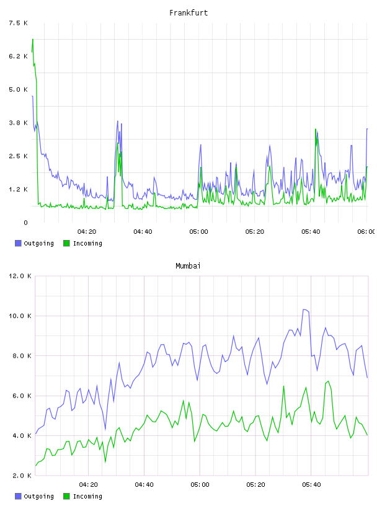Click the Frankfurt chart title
(188, 13)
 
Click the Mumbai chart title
(188, 266)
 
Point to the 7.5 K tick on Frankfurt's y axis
(19, 23)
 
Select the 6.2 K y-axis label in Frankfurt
(19, 56)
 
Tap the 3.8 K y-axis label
(19, 123)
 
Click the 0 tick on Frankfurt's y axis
(25, 223)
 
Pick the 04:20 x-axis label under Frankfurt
(87, 231)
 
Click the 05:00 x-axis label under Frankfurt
(199, 231)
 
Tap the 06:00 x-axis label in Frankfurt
(366, 231)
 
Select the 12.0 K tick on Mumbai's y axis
(20, 276)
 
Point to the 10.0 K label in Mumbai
(20, 316)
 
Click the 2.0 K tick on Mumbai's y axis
(22, 476)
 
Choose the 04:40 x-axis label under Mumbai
(144, 484)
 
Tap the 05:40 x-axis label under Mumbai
(311, 484)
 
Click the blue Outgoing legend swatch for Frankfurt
(18, 243)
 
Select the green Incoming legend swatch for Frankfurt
(66, 243)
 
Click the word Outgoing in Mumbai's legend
(38, 496)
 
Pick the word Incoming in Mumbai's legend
(87, 496)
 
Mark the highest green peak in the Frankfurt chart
(33, 39)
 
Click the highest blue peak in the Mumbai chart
(304, 309)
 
